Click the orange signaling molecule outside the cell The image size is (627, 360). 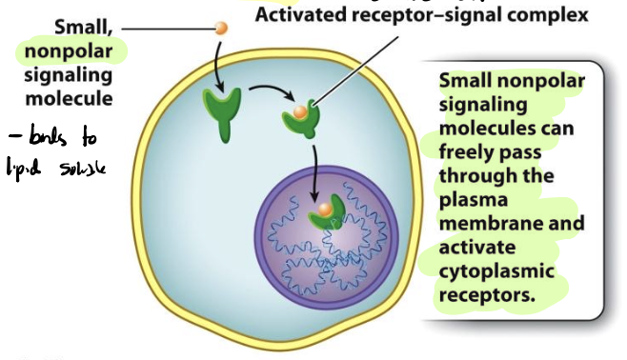coord(221,29)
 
